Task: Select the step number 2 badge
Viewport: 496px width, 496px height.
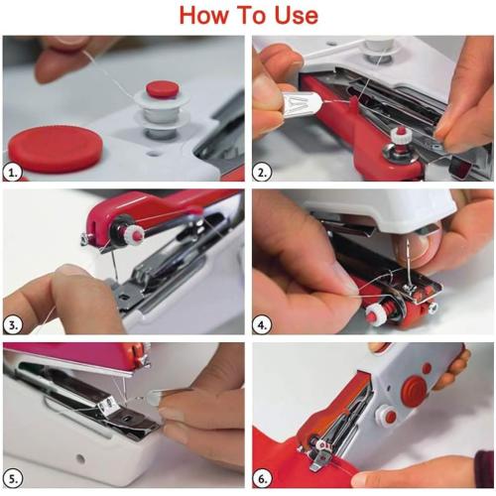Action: click(x=264, y=172)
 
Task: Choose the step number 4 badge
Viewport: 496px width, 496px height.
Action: click(x=264, y=323)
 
